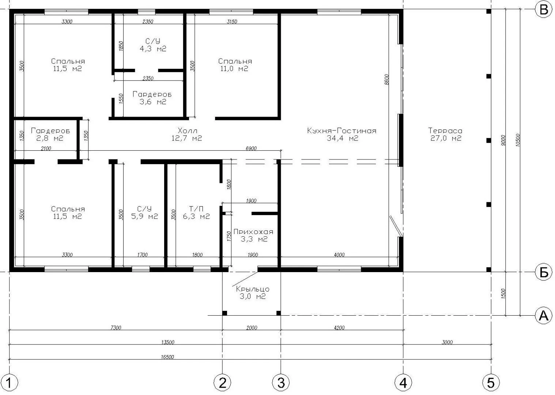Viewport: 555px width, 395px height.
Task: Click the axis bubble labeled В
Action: pyautogui.click(x=544, y=10)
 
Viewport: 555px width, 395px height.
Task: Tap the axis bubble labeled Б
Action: pyautogui.click(x=544, y=272)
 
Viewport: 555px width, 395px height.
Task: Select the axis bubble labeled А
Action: pyautogui.click(x=544, y=316)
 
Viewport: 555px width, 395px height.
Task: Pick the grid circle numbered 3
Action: pyautogui.click(x=281, y=383)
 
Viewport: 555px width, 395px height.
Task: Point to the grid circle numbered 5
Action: pyautogui.click(x=491, y=383)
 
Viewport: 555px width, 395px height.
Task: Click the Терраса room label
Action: pyautogui.click(x=445, y=131)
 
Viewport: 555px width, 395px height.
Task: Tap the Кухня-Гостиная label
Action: pyautogui.click(x=342, y=131)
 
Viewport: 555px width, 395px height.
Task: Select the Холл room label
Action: pyautogui.click(x=188, y=131)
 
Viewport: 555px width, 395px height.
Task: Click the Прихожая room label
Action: pyautogui.click(x=253, y=232)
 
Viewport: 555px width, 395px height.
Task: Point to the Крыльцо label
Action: pyautogui.click(x=253, y=289)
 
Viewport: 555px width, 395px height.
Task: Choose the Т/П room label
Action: pyautogui.click(x=196, y=209)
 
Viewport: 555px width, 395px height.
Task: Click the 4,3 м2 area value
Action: pyautogui.click(x=153, y=49)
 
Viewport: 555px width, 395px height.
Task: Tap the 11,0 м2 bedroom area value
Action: pyautogui.click(x=234, y=68)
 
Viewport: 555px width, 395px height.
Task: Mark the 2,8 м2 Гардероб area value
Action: pyautogui.click(x=50, y=138)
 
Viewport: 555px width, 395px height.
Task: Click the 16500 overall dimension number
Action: pyautogui.click(x=167, y=357)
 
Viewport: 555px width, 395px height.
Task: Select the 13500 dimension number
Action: pyautogui.click(x=168, y=342)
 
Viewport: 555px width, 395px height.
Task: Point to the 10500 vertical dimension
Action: pyautogui.click(x=518, y=140)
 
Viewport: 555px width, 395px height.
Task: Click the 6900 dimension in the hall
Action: pyautogui.click(x=251, y=148)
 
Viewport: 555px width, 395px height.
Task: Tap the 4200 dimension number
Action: pyautogui.click(x=339, y=328)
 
